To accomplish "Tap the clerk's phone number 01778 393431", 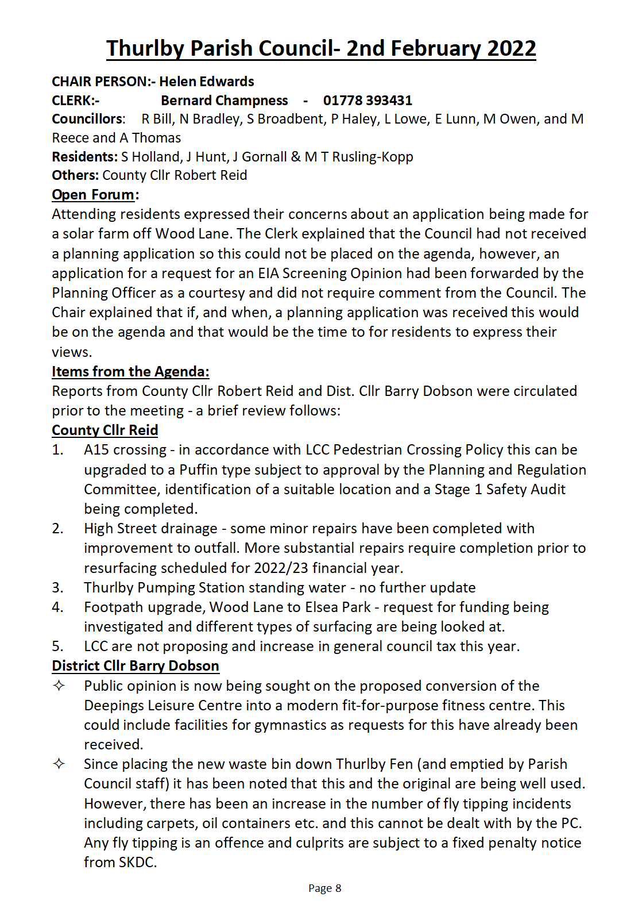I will (368, 101).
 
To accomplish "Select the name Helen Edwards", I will (207, 82).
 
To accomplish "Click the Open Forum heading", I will (94, 195).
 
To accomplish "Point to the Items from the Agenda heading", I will (130, 372).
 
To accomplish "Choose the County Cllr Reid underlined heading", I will (105, 430).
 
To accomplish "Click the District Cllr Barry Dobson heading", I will (136, 666).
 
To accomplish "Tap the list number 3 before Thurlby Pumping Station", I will (57, 588).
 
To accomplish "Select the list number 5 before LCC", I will (57, 647).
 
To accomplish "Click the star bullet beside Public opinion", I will (59, 686).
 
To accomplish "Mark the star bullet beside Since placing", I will (59, 764).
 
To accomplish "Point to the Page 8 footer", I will (324, 888).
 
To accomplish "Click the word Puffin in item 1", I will (199, 470).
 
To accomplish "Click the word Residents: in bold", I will (85, 157).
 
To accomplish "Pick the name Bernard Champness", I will (224, 101).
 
